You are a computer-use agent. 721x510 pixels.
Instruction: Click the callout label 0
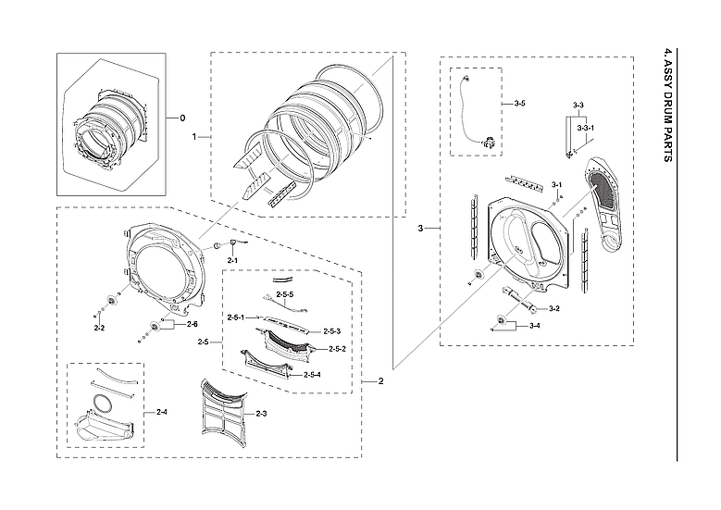point(182,118)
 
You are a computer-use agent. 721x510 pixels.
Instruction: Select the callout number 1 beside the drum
point(194,136)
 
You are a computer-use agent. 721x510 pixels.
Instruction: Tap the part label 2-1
point(233,262)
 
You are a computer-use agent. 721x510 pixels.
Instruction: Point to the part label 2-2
point(99,328)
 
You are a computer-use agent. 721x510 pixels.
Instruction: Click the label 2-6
point(192,324)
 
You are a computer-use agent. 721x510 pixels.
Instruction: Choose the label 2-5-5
point(285,294)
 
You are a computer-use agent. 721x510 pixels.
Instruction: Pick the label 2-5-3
point(332,331)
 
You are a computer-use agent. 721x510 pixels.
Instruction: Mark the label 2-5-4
point(313,375)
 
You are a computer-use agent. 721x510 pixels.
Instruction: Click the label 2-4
point(161,411)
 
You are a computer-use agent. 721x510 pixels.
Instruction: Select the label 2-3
point(261,413)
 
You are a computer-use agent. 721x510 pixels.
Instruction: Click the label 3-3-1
point(585,126)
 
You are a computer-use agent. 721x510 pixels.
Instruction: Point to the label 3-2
point(554,308)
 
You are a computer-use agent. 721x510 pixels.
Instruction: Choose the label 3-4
point(534,327)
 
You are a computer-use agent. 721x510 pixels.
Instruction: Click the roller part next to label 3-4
point(503,322)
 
